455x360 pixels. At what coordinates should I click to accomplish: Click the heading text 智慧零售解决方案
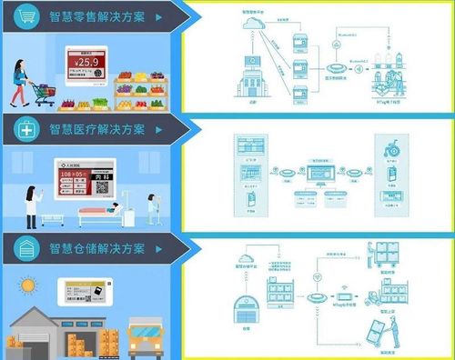pos(100,16)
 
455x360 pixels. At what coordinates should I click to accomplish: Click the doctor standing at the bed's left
pos(31,205)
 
